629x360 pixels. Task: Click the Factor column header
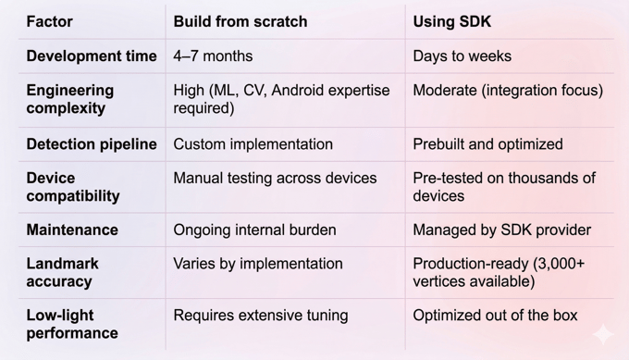49,21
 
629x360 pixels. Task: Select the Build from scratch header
240,21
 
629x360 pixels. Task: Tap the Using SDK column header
453,21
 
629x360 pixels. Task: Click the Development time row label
92,56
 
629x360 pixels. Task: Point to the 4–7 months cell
213,56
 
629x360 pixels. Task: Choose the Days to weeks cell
462,56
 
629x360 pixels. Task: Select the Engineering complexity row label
70,99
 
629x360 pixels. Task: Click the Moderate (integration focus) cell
508,91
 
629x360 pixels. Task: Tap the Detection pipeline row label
92,144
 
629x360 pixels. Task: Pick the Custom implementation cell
253,144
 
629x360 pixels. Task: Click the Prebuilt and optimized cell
487,144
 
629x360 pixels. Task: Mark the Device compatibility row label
73,187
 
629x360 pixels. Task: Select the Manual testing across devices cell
275,178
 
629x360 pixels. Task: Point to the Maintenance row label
72,230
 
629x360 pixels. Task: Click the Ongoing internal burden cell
254,230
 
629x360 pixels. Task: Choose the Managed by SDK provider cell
501,230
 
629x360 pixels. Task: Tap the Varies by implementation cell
257,264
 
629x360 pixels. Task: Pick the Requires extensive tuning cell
260,316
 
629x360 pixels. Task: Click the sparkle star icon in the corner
603,334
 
